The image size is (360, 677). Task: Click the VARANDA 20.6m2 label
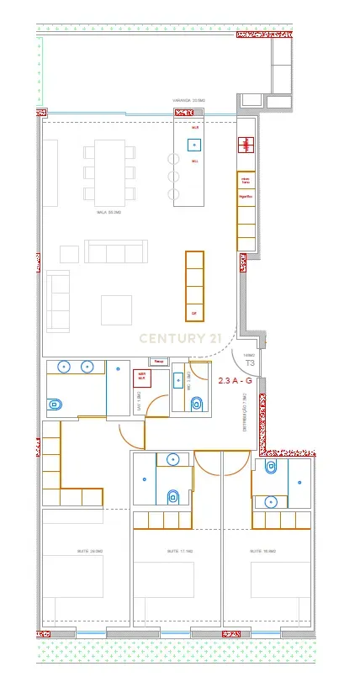pyautogui.click(x=188, y=100)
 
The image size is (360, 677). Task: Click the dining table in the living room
pyautogui.click(x=109, y=171)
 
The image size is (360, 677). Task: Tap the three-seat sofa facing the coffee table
pyautogui.click(x=116, y=251)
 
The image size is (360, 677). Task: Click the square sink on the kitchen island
pyautogui.click(x=194, y=145)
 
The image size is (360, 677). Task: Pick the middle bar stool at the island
pyautogui.click(x=174, y=177)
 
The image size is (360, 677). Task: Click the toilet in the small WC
pyautogui.click(x=197, y=404)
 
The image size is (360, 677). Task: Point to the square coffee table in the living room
pyautogui.click(x=116, y=309)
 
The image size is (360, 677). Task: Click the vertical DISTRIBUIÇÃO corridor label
pyautogui.click(x=244, y=413)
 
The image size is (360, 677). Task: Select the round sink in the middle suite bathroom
pyautogui.click(x=172, y=460)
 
